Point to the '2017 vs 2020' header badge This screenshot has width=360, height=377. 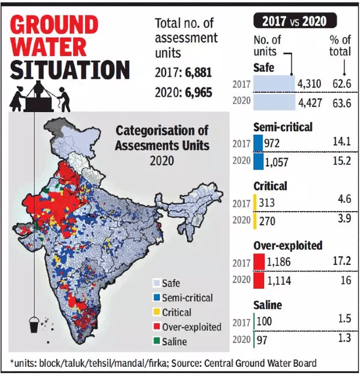click(x=294, y=21)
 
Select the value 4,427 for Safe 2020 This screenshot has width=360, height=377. click(x=310, y=103)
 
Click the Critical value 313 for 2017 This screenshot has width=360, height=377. click(x=269, y=203)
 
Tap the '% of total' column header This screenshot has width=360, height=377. click(x=340, y=46)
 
